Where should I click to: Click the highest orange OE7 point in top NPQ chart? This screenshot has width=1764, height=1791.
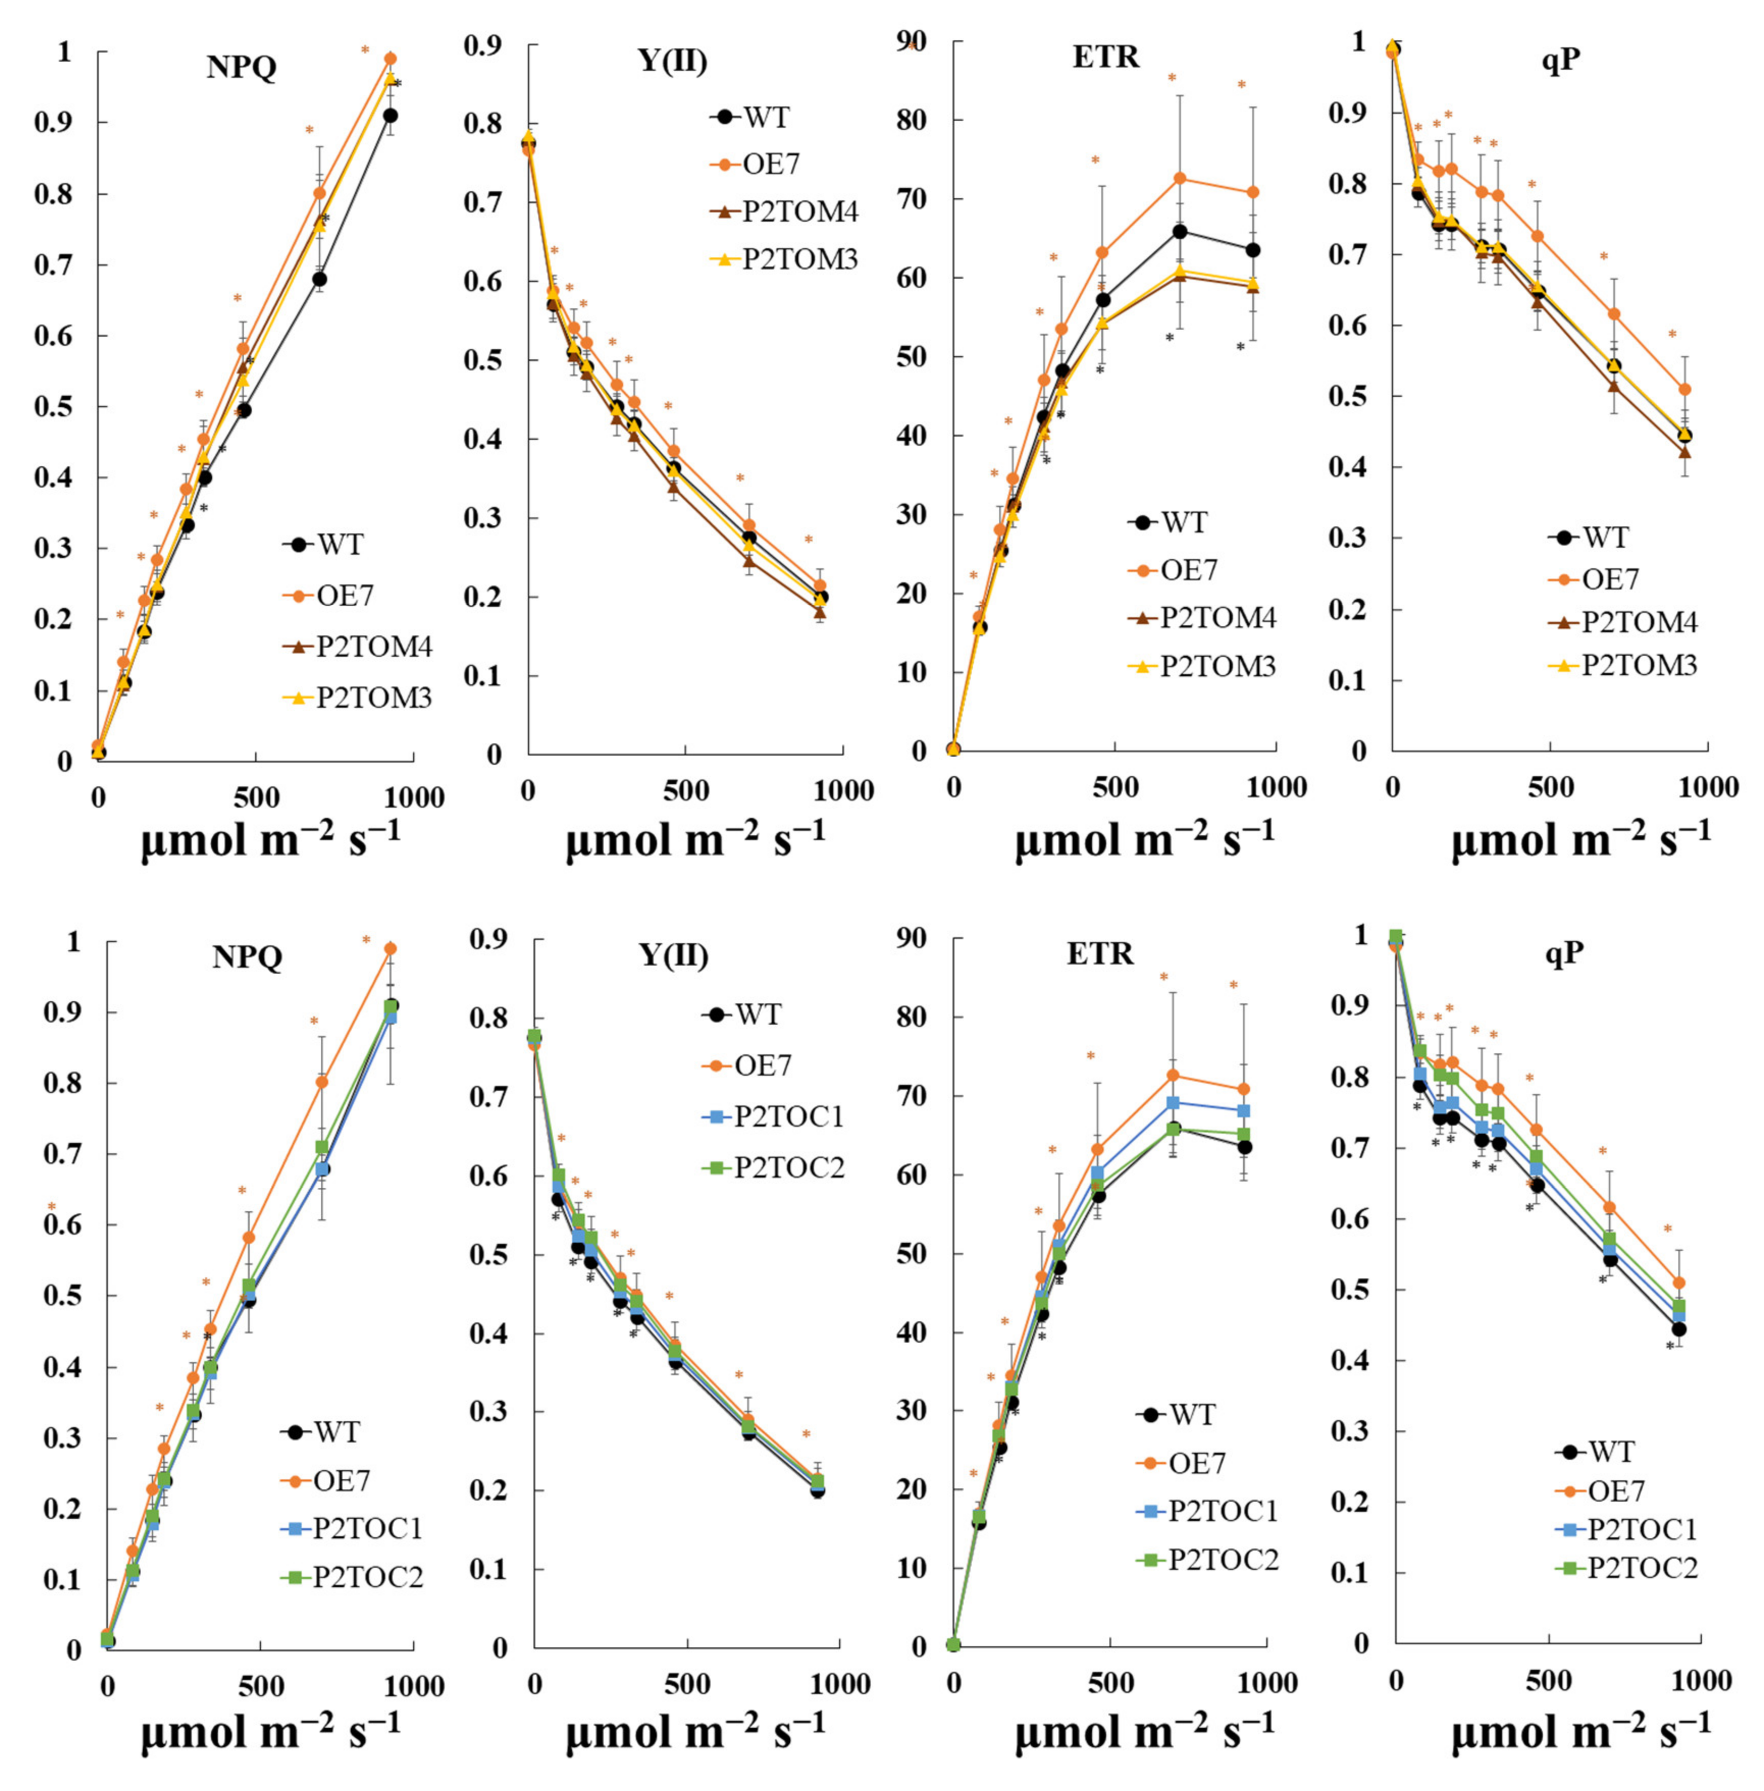(x=390, y=59)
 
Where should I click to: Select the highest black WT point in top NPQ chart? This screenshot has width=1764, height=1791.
(x=390, y=115)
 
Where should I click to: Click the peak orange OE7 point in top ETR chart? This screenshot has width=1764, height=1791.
(x=1179, y=178)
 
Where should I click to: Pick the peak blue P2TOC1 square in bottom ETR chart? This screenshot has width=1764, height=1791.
(x=1173, y=1102)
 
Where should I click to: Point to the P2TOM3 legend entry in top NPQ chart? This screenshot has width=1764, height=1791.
(x=373, y=698)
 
